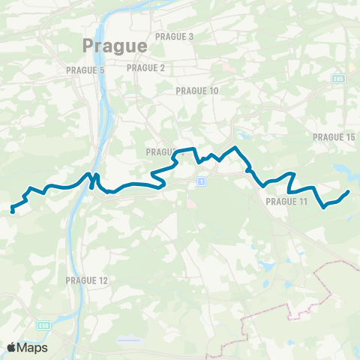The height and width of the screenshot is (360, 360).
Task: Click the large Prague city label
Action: pos(114,46)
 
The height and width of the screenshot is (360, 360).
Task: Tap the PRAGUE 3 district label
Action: pos(174,36)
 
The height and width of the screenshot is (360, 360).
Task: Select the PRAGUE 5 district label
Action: pos(86,70)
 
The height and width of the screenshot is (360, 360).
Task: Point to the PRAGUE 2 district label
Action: pos(145,67)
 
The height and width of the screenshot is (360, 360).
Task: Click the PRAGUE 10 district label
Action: pos(196,91)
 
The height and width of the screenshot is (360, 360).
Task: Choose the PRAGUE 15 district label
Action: pos(333,137)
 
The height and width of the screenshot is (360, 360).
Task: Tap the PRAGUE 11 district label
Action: pos(286,202)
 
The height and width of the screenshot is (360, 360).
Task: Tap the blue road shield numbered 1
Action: pos(201,181)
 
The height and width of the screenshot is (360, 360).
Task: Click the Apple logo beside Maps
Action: pos(12,347)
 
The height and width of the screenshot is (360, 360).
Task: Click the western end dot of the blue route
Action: pos(13,211)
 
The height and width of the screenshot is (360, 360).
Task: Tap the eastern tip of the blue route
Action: pos(348,192)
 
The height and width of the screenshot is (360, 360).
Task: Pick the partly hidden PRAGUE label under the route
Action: pos(161,152)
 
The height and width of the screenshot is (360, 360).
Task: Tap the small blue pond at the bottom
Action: pos(129,339)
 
